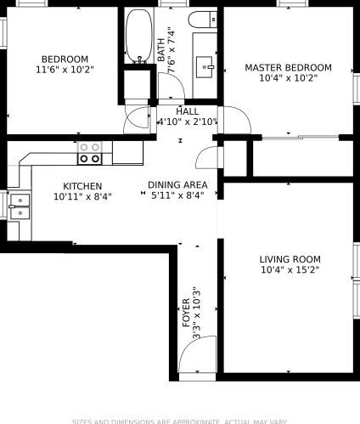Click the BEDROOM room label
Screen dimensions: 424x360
pyautogui.click(x=59, y=59)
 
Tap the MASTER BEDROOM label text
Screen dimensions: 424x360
pyautogui.click(x=288, y=67)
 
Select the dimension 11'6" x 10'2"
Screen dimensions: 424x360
pyautogui.click(x=59, y=70)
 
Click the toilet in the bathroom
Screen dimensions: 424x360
pyautogui.click(x=201, y=20)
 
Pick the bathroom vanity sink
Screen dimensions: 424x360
pyautogui.click(x=205, y=64)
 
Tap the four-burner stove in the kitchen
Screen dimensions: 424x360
pyautogui.click(x=91, y=153)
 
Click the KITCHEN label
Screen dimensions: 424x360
pyautogui.click(x=82, y=186)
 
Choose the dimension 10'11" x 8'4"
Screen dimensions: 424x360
pyautogui.click(x=82, y=196)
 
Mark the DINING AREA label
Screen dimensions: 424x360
pyautogui.click(x=177, y=184)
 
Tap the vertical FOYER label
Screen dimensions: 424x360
pyautogui.click(x=186, y=314)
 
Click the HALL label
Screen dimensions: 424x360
pyautogui.click(x=188, y=111)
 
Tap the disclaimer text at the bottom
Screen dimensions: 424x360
pyautogui.click(x=180, y=421)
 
